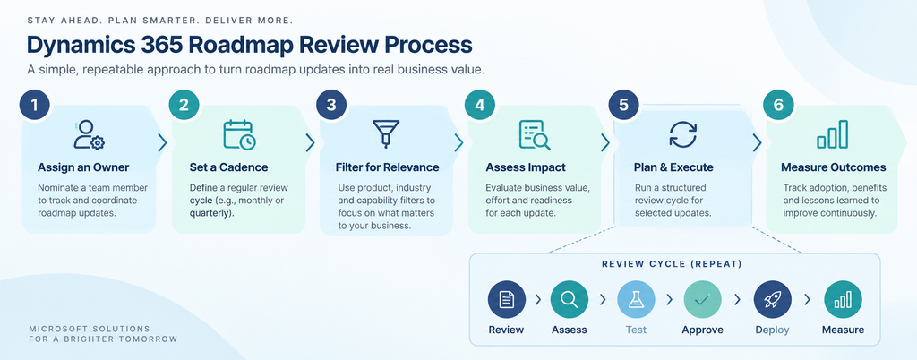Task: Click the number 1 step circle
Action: [x=34, y=105]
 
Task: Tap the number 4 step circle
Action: [x=480, y=105]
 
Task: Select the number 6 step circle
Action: [x=778, y=105]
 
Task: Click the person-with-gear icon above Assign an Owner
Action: [x=89, y=135]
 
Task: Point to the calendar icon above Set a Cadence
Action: [x=238, y=135]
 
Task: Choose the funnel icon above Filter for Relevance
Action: [x=386, y=133]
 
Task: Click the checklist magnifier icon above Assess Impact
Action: [x=534, y=135]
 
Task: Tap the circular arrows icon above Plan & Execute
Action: [x=682, y=134]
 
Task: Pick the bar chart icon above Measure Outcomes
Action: [x=832, y=134]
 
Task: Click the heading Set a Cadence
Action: [x=228, y=167]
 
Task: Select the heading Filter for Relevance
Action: [x=387, y=167]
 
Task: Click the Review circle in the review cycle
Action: [x=507, y=299]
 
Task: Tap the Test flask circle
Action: [x=636, y=299]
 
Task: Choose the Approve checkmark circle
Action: [x=702, y=299]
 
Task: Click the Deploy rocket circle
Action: [x=772, y=299]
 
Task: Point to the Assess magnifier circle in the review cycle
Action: [x=569, y=299]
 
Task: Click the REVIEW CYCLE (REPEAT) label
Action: [x=672, y=264]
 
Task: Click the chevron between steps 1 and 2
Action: [x=163, y=142]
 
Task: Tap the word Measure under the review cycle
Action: [x=843, y=330]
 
